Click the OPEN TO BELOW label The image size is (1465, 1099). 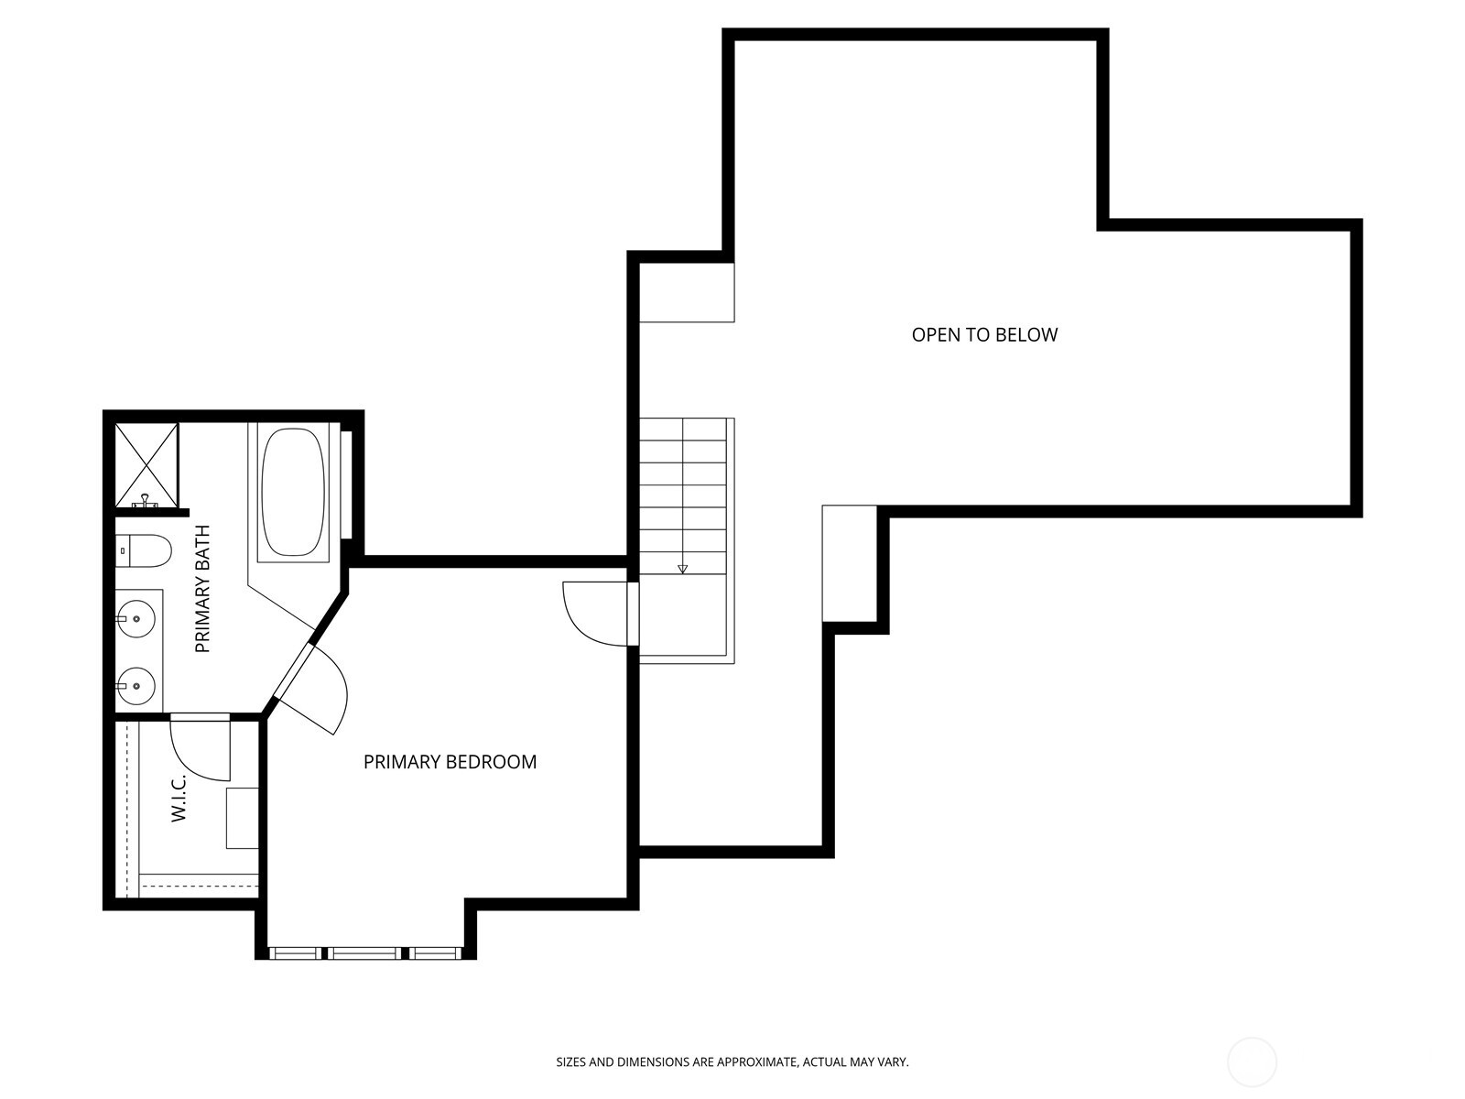click(984, 334)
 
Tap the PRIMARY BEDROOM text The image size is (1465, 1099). click(450, 762)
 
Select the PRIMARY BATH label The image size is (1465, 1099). click(203, 588)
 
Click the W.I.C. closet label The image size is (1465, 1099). click(179, 796)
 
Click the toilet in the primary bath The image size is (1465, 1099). click(145, 551)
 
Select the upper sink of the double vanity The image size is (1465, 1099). click(136, 620)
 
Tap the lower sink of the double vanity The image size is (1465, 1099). click(136, 684)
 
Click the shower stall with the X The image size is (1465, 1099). click(145, 463)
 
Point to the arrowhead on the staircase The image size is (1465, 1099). click(682, 569)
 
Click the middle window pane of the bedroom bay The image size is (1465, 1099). click(366, 953)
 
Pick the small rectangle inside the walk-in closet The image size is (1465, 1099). click(242, 817)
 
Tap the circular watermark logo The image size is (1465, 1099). click(1252, 1062)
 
